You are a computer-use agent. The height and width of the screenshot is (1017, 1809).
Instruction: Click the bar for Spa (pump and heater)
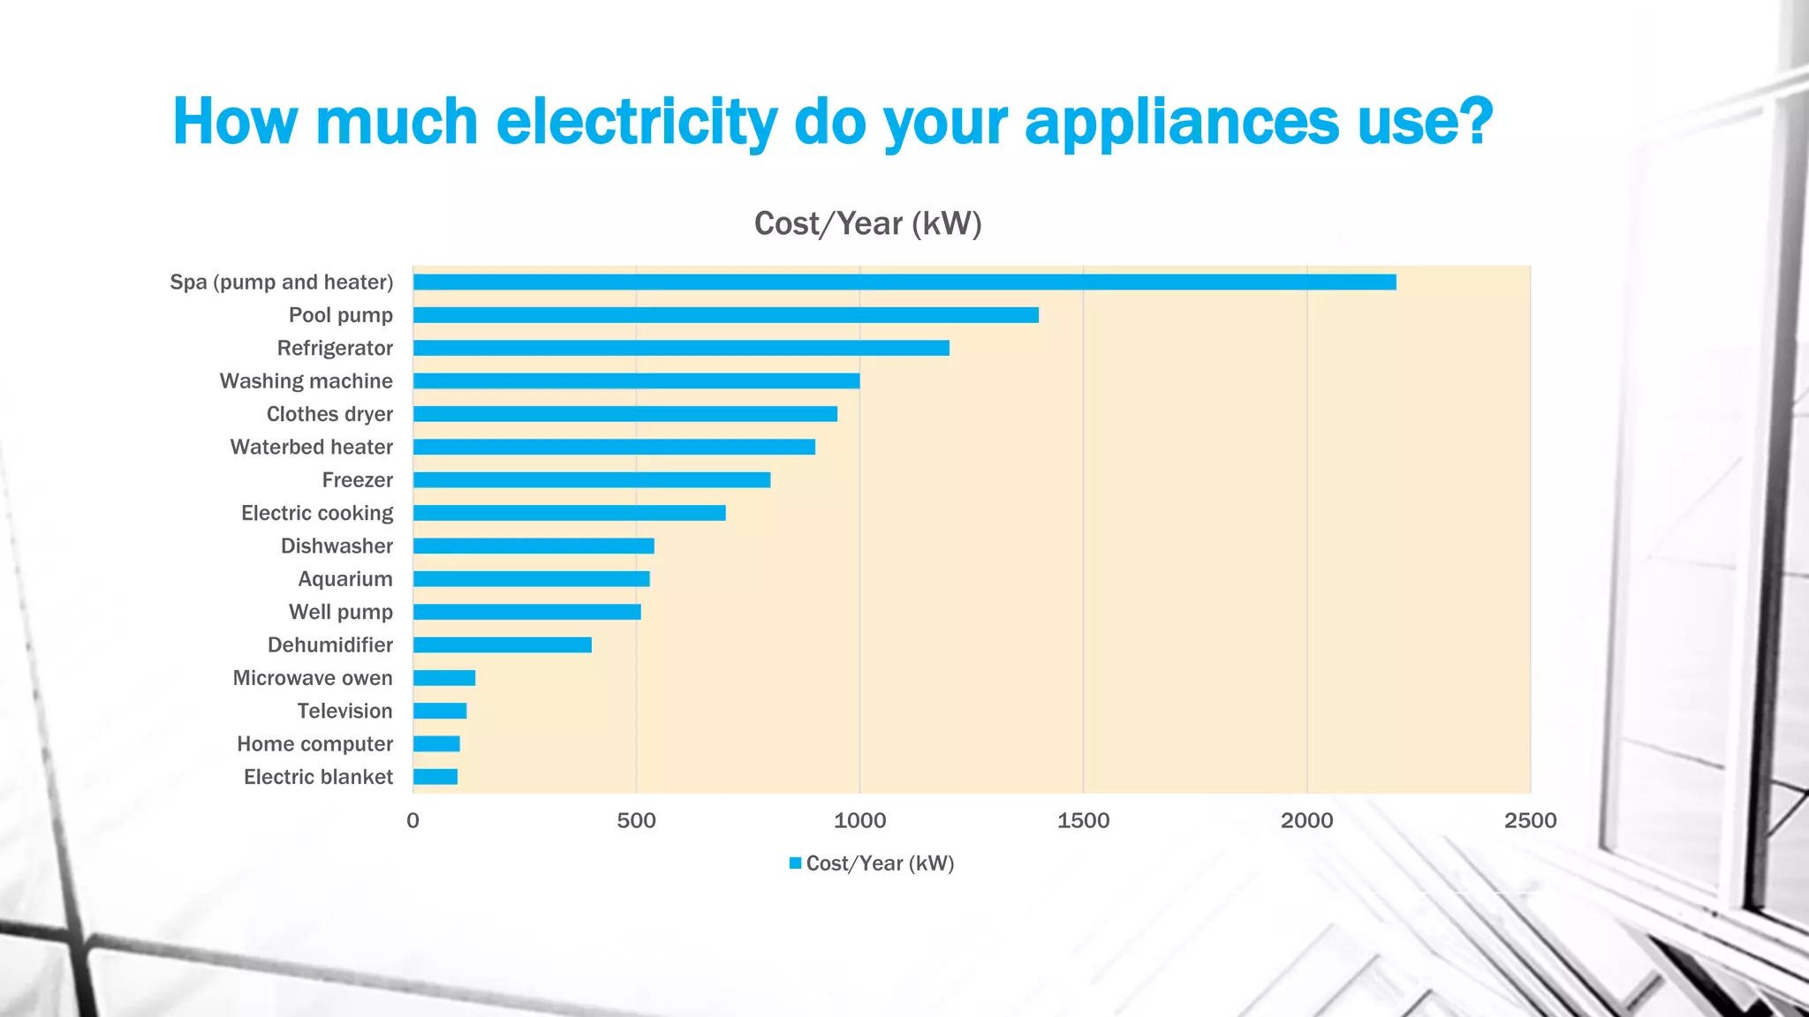pos(904,282)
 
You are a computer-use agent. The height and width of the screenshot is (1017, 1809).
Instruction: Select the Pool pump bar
pos(725,315)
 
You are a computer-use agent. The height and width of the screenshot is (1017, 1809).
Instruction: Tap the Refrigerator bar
pos(681,348)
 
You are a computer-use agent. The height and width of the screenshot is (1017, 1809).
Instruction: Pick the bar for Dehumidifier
pos(502,645)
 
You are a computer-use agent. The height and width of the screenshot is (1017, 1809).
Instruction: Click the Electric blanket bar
pos(435,777)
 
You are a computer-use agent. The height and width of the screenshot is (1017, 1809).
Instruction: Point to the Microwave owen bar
pos(443,678)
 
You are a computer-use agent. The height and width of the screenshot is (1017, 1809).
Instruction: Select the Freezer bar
pos(591,480)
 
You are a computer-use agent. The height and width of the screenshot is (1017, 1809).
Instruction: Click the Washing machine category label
pos(306,381)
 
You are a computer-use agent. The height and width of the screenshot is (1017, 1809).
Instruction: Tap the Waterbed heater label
pos(311,448)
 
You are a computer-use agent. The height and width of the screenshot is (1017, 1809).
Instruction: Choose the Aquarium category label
pos(344,579)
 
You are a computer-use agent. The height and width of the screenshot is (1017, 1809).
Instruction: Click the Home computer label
pos(314,744)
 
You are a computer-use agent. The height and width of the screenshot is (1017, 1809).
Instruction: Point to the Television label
pos(344,712)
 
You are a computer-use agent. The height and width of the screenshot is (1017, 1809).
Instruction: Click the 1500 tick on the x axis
pos(1083,821)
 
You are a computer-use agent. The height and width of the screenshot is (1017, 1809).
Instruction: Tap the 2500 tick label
pos(1530,821)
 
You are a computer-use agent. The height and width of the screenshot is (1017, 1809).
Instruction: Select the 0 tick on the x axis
pos(413,821)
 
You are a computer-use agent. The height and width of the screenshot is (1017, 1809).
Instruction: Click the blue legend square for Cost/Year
pos(795,863)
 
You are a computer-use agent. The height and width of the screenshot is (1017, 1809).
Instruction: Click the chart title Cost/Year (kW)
pos(867,224)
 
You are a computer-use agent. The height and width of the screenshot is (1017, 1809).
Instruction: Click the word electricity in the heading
pos(636,122)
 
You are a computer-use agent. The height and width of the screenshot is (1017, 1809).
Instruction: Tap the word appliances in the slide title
pos(1181,122)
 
